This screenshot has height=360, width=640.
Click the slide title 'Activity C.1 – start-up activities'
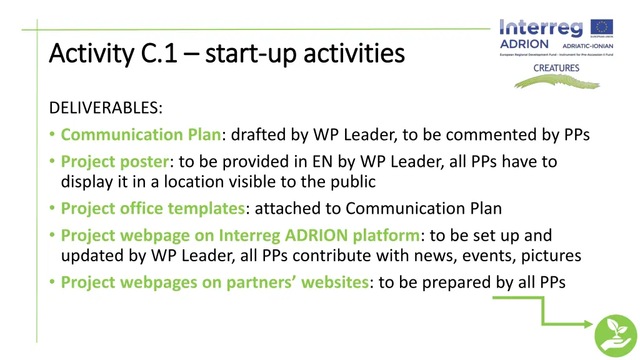[x=226, y=54]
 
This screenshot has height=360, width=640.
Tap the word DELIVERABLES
[x=105, y=108]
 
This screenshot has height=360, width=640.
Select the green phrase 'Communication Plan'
[x=141, y=135]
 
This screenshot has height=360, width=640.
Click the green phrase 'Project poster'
[x=115, y=162]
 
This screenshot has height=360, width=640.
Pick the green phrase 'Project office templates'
[x=153, y=209]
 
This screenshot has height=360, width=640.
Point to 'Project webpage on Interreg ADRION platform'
[x=241, y=236]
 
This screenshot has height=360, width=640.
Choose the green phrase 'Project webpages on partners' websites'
[x=214, y=282]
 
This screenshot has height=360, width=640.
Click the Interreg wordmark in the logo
[x=541, y=27]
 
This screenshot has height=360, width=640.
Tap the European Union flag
[x=602, y=27]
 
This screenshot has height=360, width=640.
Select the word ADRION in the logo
[x=524, y=44]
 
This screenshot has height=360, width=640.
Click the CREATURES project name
[x=556, y=68]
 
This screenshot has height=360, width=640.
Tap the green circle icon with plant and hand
[x=615, y=335]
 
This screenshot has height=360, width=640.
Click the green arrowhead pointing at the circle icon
[x=587, y=323]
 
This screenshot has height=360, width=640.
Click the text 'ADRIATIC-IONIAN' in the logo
[x=587, y=46]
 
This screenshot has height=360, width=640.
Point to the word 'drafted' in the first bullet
[x=257, y=135]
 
